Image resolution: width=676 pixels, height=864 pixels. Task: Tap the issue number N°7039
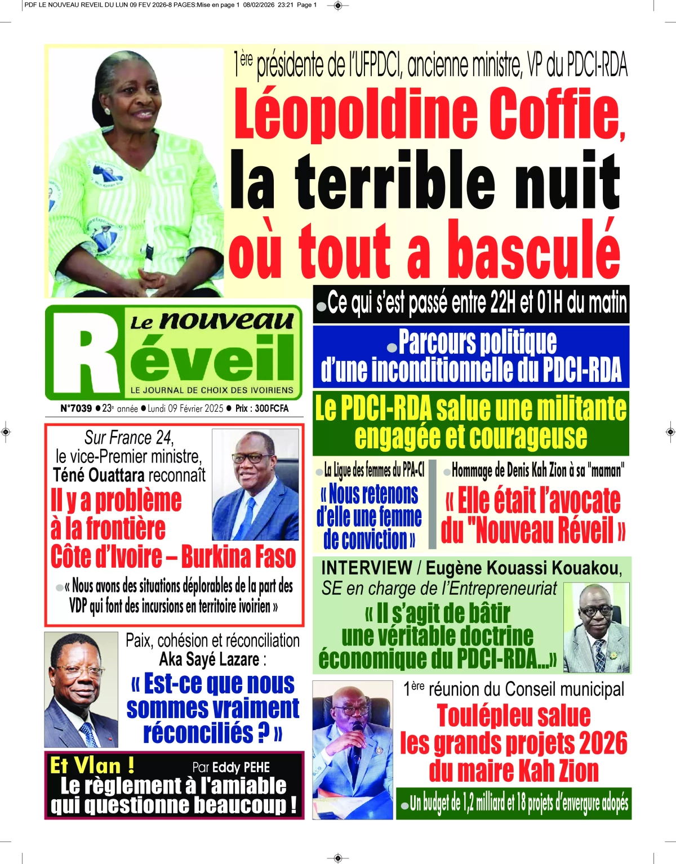75,408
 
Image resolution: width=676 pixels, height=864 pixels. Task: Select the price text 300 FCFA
272,408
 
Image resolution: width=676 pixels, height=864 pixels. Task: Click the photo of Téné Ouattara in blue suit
255,484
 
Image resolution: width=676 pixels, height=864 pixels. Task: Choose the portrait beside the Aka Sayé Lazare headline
81,689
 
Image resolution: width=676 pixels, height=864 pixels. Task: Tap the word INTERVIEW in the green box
366,568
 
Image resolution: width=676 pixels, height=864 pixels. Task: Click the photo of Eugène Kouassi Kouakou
596,627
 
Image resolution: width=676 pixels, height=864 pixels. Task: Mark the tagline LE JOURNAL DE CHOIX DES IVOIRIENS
212,390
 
